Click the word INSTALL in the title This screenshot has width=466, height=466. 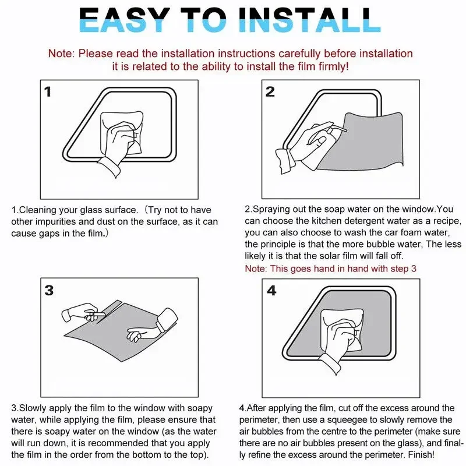310,20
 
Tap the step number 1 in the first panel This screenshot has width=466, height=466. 48,91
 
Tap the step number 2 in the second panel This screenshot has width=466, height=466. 270,91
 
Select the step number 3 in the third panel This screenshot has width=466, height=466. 49,290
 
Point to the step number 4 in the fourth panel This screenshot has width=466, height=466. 271,290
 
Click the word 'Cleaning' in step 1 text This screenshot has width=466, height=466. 37,210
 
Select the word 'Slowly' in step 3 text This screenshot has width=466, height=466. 33,408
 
